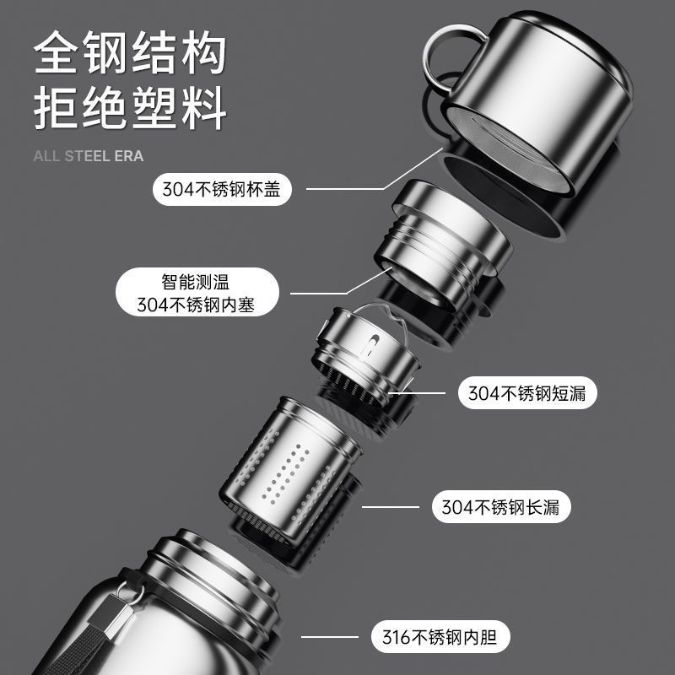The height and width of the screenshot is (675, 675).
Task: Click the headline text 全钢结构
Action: (130, 55)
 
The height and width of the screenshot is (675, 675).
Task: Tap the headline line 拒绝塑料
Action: (130, 110)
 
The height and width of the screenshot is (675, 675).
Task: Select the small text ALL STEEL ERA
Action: (89, 156)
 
